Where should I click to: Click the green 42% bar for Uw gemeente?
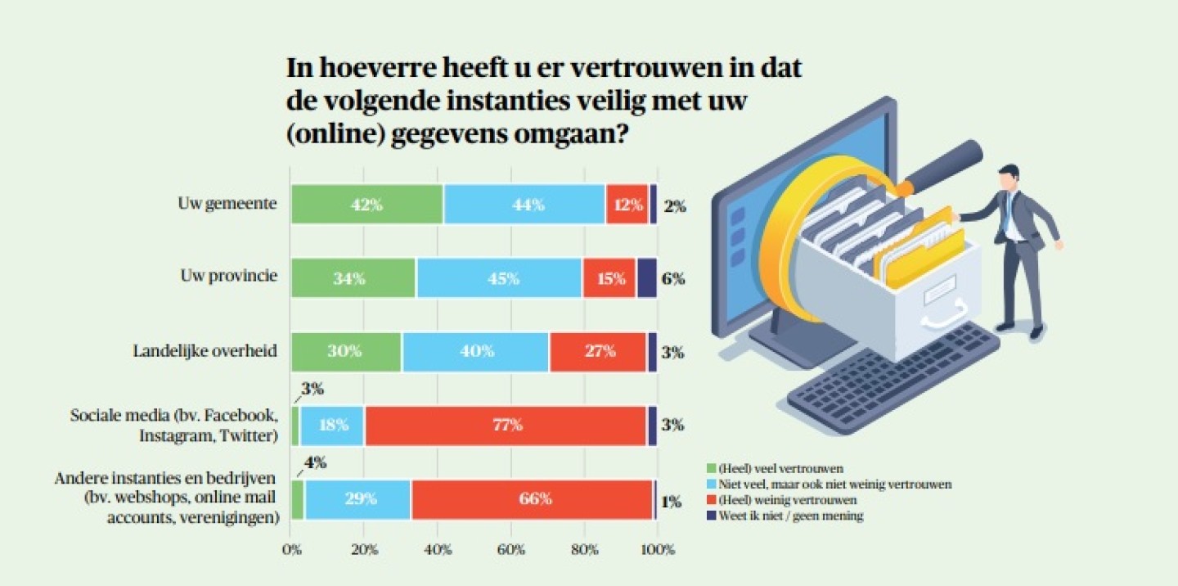(366, 205)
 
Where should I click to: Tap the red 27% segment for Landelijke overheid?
(599, 352)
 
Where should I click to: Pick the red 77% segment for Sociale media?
(506, 426)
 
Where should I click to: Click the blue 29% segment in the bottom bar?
(357, 499)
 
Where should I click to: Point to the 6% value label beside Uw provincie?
(674, 278)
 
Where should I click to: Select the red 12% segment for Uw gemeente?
(627, 205)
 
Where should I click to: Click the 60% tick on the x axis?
(510, 549)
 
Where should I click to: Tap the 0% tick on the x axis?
(292, 549)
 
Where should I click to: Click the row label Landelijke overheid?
(205, 352)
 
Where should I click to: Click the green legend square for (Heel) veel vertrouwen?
(711, 469)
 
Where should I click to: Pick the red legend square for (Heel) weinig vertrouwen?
(711, 500)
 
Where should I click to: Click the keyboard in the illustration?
(892, 376)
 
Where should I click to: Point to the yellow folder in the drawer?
(916, 246)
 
